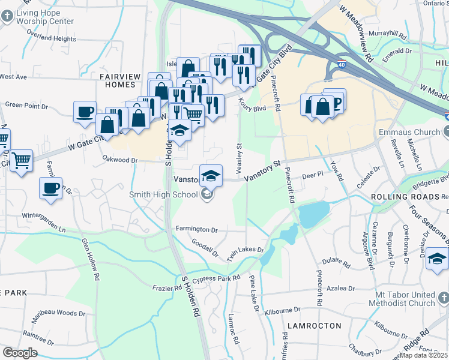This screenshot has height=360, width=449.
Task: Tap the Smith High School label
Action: pos(163,194)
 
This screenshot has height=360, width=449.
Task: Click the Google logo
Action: pos(19,353)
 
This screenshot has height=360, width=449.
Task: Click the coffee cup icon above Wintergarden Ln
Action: pos(50,188)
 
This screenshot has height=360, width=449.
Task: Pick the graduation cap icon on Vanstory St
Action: pos(211,175)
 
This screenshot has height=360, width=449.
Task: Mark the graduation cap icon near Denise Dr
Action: pos(437,259)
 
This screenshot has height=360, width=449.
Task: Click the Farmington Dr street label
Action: pos(196,229)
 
